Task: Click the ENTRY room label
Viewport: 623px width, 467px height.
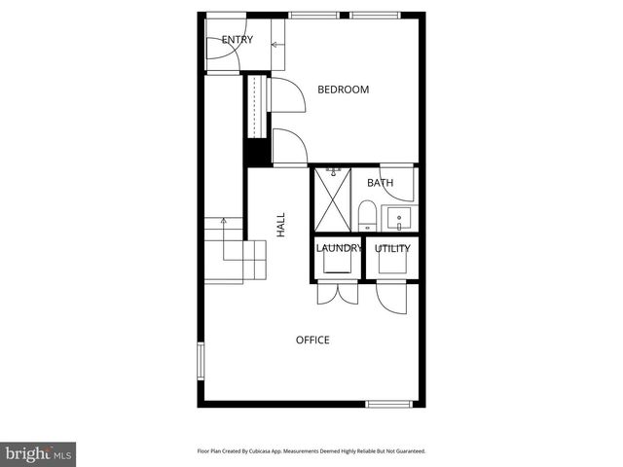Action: tap(238, 40)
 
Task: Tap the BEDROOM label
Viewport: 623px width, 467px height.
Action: tap(344, 90)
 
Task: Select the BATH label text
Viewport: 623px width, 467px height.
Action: tap(380, 183)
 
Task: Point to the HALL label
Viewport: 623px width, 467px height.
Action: tap(280, 226)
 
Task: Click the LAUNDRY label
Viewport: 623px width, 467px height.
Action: tap(338, 248)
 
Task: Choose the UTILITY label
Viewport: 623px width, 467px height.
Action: tap(392, 248)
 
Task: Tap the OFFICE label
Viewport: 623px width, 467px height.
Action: tap(312, 340)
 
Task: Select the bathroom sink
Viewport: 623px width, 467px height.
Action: tap(399, 216)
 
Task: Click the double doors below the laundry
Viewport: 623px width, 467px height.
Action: tap(337, 296)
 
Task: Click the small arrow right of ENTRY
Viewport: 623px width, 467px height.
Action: tap(276, 44)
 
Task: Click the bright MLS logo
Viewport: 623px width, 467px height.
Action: tap(39, 453)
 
